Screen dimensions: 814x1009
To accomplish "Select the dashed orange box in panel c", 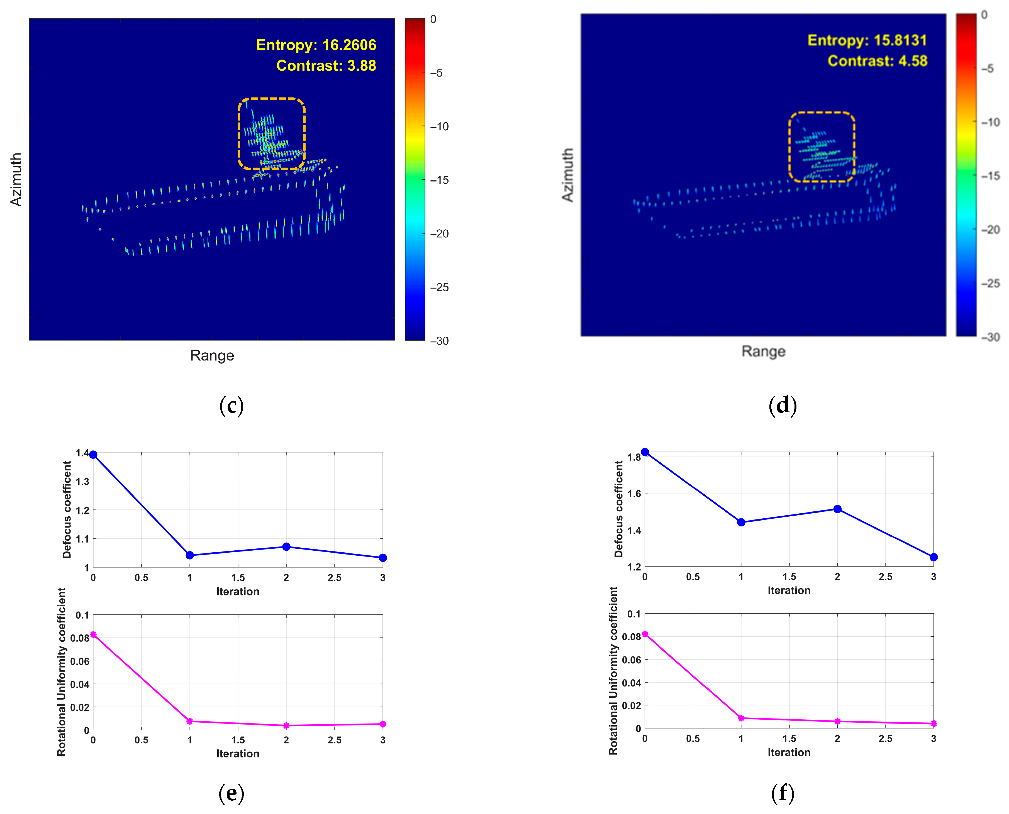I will (272, 99).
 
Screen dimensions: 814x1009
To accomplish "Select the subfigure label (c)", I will (231, 405).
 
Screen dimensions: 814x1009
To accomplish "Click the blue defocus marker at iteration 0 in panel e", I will (93, 454).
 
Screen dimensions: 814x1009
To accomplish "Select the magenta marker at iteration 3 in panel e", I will (383, 724).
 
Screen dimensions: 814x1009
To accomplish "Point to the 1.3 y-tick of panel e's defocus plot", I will (82, 482).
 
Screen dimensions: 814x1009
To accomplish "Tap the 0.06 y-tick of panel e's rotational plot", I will (80, 661).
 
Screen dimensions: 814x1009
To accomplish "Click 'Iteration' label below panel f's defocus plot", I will (789, 590).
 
